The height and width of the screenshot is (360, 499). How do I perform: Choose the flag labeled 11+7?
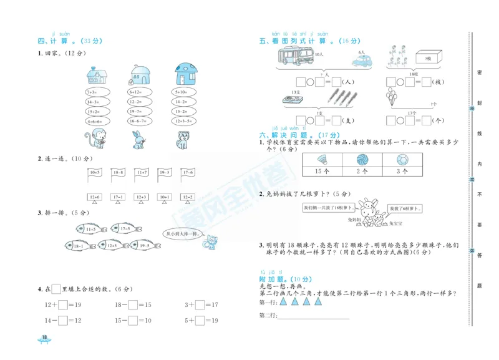point(141,172)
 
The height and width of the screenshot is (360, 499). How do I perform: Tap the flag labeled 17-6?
point(187,172)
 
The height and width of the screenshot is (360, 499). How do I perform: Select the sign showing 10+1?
point(165,197)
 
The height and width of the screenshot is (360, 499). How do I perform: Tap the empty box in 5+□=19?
point(200,320)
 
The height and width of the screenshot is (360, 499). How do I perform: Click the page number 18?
point(44,338)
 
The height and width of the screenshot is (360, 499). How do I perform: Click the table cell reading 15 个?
point(323,170)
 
